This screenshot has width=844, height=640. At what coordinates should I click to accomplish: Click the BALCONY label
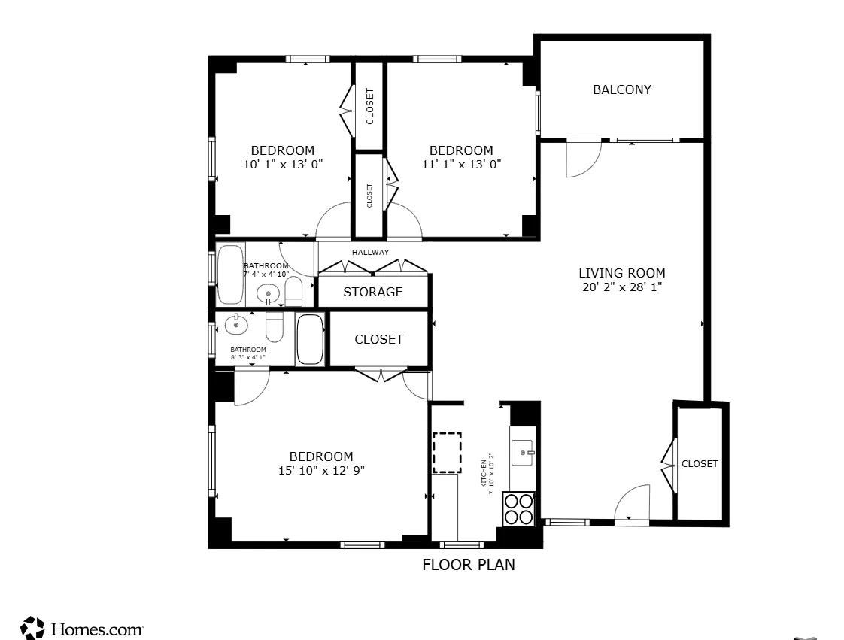(x=621, y=89)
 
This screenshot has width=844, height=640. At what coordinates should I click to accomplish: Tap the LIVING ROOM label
(x=621, y=273)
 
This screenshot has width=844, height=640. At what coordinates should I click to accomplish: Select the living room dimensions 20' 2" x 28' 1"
(x=621, y=287)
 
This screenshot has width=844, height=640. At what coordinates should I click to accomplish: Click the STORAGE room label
(x=373, y=292)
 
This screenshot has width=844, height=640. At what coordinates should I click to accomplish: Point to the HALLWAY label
(x=370, y=253)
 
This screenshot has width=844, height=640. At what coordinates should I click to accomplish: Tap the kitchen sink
(x=521, y=453)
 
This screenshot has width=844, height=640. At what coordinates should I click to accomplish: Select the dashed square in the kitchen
(x=447, y=452)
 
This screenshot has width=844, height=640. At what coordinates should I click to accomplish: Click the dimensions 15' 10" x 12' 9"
(x=321, y=471)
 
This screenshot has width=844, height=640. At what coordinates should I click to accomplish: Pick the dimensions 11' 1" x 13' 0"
(x=461, y=164)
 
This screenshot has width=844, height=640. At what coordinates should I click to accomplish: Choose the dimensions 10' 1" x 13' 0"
(x=283, y=164)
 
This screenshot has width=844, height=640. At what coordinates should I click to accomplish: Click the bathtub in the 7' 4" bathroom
(x=230, y=274)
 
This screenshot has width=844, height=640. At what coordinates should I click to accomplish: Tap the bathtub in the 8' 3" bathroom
(x=309, y=339)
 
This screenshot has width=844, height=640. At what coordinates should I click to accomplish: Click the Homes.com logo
(x=82, y=629)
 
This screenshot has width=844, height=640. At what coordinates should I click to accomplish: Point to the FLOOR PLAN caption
(x=469, y=565)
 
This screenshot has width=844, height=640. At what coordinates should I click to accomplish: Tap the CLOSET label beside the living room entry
(x=700, y=464)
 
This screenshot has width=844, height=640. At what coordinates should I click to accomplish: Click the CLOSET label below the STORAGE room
(x=378, y=339)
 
